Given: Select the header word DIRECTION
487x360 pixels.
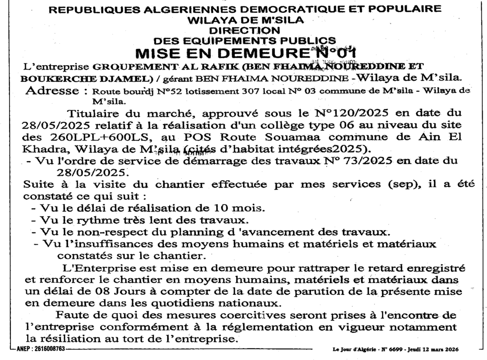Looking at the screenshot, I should coord(245,30).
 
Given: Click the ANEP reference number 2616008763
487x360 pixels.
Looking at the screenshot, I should coord(48,349).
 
